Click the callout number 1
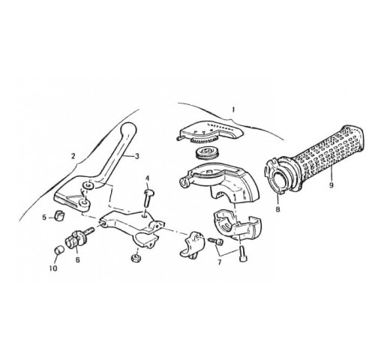click(x=233, y=109)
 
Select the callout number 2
click(x=73, y=156)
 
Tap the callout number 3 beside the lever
click(x=136, y=157)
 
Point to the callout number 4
click(x=147, y=178)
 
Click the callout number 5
click(x=44, y=217)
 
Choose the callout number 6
click(x=78, y=260)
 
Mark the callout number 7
click(x=220, y=262)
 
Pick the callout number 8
click(x=278, y=208)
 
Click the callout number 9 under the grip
click(x=331, y=185)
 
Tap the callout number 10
click(x=53, y=268)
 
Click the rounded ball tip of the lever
click(x=128, y=129)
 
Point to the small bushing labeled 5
click(x=59, y=216)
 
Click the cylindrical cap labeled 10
click(x=59, y=250)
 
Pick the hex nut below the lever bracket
click(x=135, y=257)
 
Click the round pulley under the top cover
click(x=206, y=154)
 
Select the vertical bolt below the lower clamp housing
click(x=243, y=253)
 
